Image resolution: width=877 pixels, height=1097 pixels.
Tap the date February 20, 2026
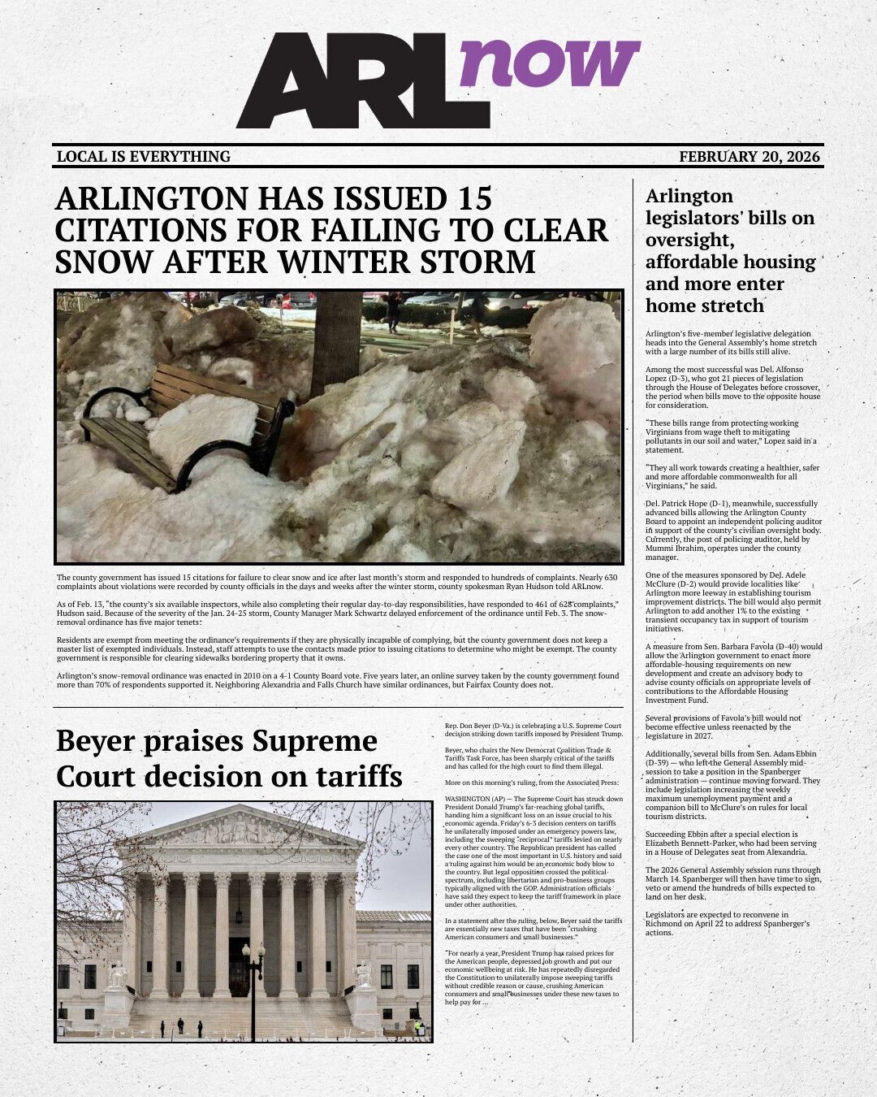coord(749,157)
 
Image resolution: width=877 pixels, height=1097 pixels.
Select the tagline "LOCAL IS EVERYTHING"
coord(144,157)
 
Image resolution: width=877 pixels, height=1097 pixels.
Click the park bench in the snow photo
coord(187,427)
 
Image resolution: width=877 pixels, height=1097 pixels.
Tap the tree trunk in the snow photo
coord(335,341)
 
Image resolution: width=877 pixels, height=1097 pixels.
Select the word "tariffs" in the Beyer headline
coord(354,776)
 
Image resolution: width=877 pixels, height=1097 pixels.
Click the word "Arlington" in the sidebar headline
coord(689,197)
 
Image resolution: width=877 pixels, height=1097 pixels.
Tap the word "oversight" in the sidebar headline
coord(688,241)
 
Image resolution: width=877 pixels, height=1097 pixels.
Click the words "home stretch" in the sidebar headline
coord(705,306)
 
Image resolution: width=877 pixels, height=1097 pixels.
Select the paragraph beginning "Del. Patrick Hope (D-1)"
coord(732,531)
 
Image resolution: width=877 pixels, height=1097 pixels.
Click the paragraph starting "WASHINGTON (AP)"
coord(534,851)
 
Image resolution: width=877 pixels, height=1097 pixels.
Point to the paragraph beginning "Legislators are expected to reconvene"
coord(728,923)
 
